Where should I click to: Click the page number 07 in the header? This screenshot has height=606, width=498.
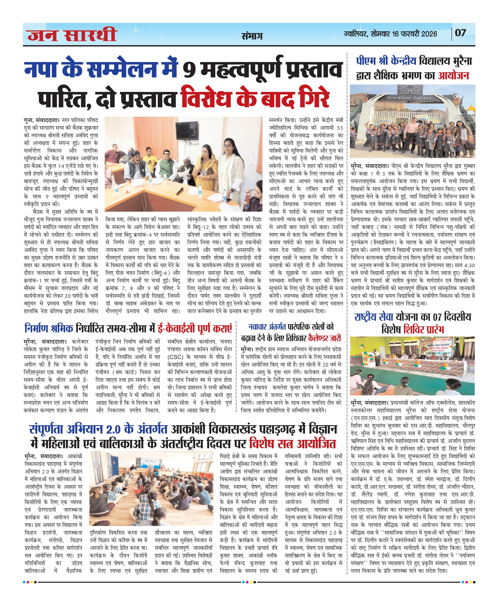[x=460, y=33]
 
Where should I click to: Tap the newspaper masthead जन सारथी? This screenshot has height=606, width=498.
[x=72, y=35]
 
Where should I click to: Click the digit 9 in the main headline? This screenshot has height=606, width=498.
[x=188, y=70]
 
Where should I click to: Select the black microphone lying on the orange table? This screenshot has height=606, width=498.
[x=180, y=190]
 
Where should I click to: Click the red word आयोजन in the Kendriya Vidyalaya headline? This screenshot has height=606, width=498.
[x=453, y=76]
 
